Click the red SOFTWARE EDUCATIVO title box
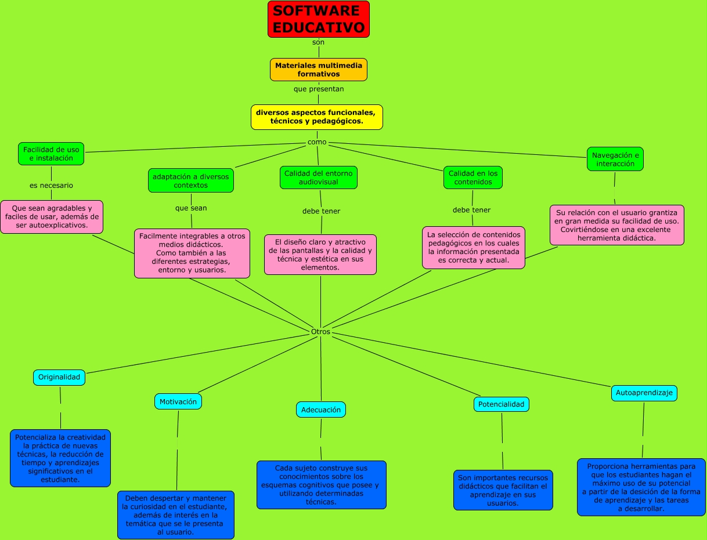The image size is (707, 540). tap(318, 19)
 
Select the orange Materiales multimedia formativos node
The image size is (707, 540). tap(318, 70)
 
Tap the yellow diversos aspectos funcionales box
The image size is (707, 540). tap(316, 117)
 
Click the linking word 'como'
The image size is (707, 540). tap(317, 142)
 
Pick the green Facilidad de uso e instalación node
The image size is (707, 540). tap(51, 154)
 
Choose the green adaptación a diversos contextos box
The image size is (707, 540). tap(190, 180)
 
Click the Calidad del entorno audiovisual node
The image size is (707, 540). tap(318, 177)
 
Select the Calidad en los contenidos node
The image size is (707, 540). tap(472, 177)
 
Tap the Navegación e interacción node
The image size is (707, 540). tap(615, 159)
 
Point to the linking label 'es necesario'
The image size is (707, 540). tap(52, 186)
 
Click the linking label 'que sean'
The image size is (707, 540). tap(191, 208)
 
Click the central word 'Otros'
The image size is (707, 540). tap(320, 332)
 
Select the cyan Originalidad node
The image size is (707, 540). tap(59, 377)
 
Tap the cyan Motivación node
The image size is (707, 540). tap(178, 401)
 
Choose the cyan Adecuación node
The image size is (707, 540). tap(321, 409)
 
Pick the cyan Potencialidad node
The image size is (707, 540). tap(501, 404)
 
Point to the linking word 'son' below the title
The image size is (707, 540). tap(318, 42)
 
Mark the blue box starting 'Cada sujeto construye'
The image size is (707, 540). tap(321, 485)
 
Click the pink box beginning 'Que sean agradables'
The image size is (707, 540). tap(52, 217)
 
